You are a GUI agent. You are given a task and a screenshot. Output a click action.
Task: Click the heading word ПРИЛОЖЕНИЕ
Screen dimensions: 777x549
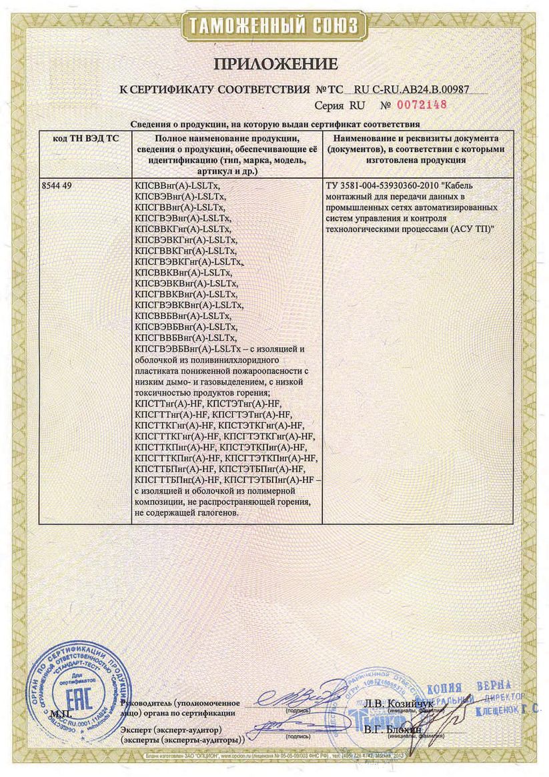click(x=275, y=64)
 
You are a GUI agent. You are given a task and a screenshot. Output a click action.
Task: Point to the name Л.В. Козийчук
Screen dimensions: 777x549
click(x=399, y=704)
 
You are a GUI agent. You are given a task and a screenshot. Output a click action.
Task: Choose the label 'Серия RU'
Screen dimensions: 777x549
click(x=337, y=105)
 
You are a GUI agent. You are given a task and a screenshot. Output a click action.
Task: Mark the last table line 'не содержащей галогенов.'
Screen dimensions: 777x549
click(x=186, y=512)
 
